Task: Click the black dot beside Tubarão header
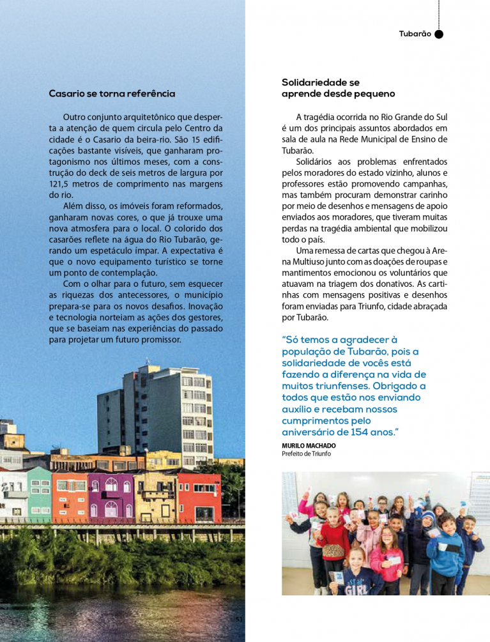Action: click(x=439, y=34)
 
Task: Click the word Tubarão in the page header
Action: click(x=415, y=34)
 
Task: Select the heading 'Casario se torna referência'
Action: click(x=112, y=93)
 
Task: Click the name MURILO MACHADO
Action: click(x=309, y=445)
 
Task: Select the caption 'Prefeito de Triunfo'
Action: click(x=307, y=454)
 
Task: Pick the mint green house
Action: click(x=39, y=493)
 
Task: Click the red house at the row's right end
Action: click(x=199, y=498)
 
